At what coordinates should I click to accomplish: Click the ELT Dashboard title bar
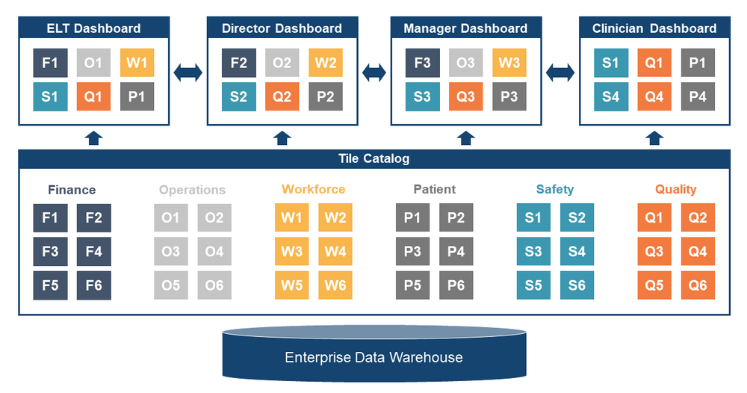(x=94, y=28)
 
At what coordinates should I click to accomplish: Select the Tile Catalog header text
(x=373, y=158)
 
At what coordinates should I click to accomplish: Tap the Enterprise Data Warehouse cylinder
(x=373, y=356)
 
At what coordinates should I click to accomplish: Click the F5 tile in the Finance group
(x=50, y=285)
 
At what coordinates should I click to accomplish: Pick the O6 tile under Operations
(x=214, y=285)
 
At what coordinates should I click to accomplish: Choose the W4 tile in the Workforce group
(x=335, y=252)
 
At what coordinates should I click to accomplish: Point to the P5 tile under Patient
(x=412, y=285)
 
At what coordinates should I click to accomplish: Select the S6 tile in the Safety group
(x=577, y=285)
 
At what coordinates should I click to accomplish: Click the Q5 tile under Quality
(x=654, y=285)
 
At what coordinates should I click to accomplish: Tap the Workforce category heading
(x=314, y=190)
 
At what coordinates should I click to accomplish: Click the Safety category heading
(x=554, y=190)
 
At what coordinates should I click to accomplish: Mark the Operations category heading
(x=192, y=190)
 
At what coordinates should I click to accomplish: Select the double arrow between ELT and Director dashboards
(x=187, y=73)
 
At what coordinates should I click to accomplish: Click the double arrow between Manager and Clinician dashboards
(x=560, y=73)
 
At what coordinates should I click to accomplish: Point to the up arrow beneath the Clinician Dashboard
(x=654, y=137)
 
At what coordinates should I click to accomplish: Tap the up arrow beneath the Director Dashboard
(x=282, y=137)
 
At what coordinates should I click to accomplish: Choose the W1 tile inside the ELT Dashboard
(x=137, y=63)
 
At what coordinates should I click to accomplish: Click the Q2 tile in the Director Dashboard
(x=282, y=96)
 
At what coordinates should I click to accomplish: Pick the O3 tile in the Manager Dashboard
(x=465, y=63)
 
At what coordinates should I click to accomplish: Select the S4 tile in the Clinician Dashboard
(x=610, y=96)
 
